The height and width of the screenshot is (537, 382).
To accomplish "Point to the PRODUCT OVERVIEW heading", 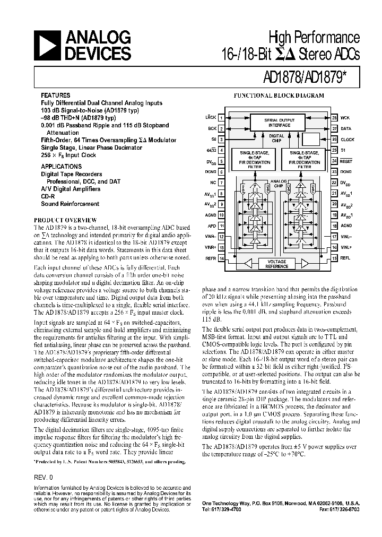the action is [x=65, y=220].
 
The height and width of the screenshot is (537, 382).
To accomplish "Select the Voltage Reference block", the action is [x=277, y=264].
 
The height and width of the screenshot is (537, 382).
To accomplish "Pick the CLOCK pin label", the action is [x=347, y=139].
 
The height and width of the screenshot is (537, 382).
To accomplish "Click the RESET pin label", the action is [x=346, y=161].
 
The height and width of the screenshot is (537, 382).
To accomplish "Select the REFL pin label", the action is [x=345, y=258].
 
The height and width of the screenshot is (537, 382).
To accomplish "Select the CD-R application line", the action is [x=48, y=196].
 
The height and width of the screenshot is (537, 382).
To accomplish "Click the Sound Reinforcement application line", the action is [x=70, y=203].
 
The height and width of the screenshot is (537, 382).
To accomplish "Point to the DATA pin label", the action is [x=345, y=128].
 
